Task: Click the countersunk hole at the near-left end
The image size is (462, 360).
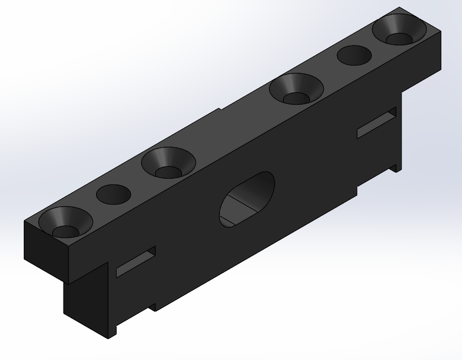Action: pos(65,222)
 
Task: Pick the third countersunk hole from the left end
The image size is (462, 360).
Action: pos(296,88)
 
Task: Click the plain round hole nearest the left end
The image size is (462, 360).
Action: pos(114,194)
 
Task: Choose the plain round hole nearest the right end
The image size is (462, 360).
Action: pos(354,55)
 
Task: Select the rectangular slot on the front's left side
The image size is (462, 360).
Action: pos(135,261)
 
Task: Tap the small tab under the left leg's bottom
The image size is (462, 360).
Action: pos(112,331)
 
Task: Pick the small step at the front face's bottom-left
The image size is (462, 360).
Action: pos(152,307)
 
